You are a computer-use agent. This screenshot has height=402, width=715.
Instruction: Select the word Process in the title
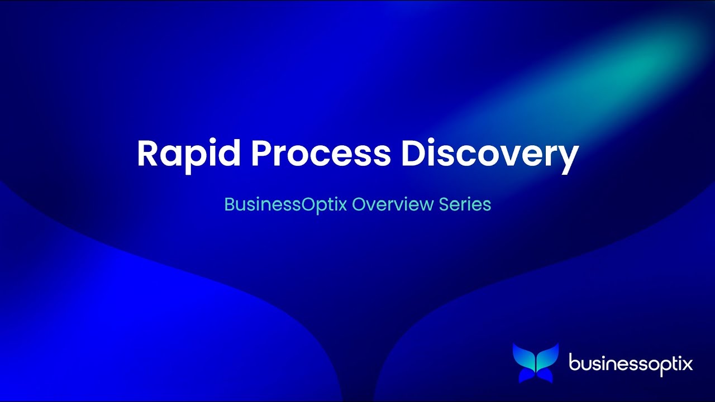321,154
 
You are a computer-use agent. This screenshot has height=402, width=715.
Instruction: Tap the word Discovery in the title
489,154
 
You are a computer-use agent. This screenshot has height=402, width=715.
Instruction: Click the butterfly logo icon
535,363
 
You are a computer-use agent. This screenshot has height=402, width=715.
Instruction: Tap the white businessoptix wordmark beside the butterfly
631,364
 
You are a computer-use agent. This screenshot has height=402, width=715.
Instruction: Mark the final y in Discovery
569,157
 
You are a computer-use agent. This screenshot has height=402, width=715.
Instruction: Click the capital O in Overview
359,204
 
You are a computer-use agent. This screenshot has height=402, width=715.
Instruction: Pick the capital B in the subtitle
229,204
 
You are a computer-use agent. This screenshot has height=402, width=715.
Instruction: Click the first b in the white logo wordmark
574,363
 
